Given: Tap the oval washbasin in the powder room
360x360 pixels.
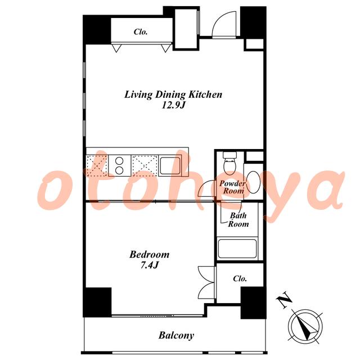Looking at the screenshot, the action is [x=254, y=181].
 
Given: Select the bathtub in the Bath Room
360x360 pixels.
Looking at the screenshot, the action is [x=237, y=249].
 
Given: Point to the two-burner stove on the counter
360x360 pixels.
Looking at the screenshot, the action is [x=119, y=165].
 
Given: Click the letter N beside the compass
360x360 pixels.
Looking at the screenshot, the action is [x=284, y=300].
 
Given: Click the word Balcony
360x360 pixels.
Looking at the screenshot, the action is [x=176, y=336].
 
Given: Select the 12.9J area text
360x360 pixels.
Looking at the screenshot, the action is [x=173, y=105].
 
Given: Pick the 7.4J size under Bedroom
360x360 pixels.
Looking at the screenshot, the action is [x=150, y=265].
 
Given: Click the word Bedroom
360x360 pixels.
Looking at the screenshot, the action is [x=150, y=254].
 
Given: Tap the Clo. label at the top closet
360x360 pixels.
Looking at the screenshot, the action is [x=141, y=31].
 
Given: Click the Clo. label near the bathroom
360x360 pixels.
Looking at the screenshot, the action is [x=240, y=278].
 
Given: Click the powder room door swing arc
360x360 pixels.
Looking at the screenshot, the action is [x=203, y=186].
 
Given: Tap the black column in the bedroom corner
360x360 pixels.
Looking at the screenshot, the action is [x=97, y=302].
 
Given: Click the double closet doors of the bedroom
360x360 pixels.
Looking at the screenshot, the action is [x=206, y=283].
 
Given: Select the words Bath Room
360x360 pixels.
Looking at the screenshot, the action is [x=238, y=220].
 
